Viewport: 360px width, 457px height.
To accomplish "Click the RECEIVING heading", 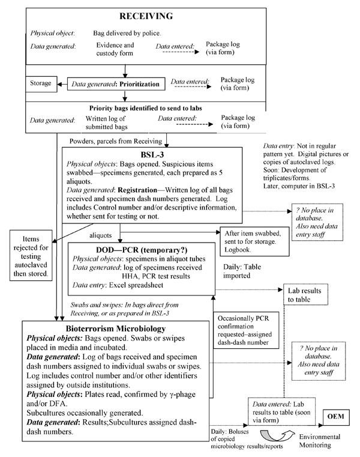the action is coord(146,16).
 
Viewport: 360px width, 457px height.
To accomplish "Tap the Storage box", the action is coord(41,84).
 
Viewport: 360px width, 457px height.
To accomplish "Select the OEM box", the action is coord(336,417).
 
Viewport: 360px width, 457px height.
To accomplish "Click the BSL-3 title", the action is coord(152,155).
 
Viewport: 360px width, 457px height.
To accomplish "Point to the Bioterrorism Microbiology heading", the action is coord(116,328).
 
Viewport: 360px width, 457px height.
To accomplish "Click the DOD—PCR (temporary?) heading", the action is coord(142,250).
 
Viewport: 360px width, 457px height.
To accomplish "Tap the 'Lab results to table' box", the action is coord(305,294).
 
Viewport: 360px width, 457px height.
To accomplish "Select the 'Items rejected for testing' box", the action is coord(31,256).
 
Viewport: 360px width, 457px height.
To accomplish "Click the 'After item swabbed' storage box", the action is coord(254,241).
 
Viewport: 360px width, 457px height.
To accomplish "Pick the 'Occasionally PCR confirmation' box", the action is coord(246,330).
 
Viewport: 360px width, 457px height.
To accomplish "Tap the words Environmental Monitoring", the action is coord(320,441).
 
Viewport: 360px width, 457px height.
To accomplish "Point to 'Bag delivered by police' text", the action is coord(127,33).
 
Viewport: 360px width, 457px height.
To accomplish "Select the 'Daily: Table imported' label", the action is coord(242,271).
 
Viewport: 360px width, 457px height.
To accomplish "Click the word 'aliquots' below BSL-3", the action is coord(100,235).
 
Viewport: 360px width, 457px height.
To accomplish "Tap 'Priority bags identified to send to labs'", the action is coord(146,108).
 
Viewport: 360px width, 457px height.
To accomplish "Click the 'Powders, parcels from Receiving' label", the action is coord(116,141).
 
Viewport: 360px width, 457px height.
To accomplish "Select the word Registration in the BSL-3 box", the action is coord(137,190).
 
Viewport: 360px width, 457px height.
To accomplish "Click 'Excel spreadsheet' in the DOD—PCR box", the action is coord(136,285).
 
